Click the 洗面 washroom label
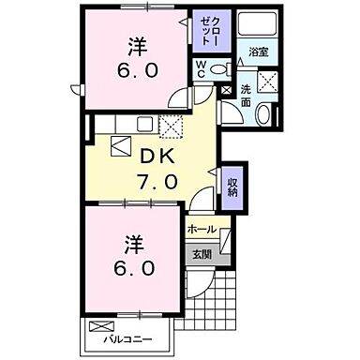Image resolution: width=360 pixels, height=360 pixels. pos(245,95)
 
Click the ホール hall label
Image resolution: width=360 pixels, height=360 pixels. pos(202,228)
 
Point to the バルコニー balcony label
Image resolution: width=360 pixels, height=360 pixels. pos(127,334)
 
